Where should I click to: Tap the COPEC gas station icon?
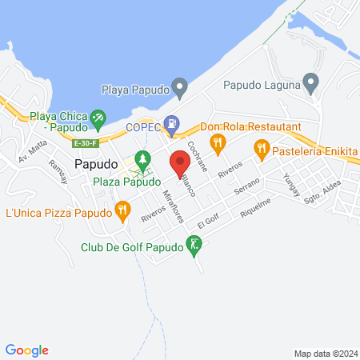coord(170,123)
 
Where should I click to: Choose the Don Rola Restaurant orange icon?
coord(216,142)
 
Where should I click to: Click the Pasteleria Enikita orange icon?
coord(261,148)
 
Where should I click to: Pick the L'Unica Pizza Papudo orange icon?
coord(122,212)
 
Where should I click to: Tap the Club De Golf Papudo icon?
coord(194,246)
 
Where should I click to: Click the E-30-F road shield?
coord(84,143)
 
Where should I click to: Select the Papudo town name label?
coord(97,163)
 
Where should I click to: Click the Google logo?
coord(27,350)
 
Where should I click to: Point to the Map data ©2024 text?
coord(325,354)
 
